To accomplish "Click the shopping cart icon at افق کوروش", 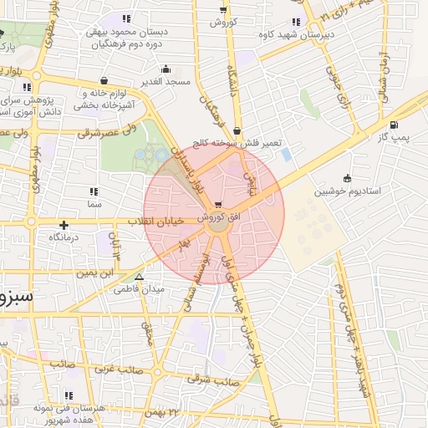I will pyautogui.click(x=218, y=205).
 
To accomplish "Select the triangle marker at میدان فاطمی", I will pyautogui.click(x=139, y=278).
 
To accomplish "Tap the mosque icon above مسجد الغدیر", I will pyautogui.click(x=166, y=70).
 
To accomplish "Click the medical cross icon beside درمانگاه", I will pyautogui.click(x=64, y=224).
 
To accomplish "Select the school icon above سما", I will pyautogui.click(x=93, y=191).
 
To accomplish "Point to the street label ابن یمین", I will pyautogui.click(x=94, y=272).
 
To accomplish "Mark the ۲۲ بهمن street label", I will pyautogui.click(x=161, y=412).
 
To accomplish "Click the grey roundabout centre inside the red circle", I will pyautogui.click(x=216, y=224).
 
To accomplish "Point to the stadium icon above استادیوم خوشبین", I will pyautogui.click(x=347, y=177).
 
